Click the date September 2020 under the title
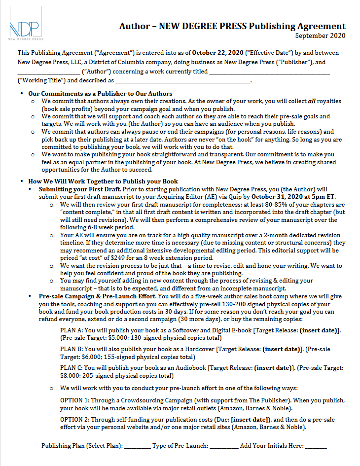click(x=320, y=36)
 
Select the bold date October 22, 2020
click(x=217, y=53)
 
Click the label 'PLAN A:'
click(x=72, y=330)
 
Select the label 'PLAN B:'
click(x=72, y=349)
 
